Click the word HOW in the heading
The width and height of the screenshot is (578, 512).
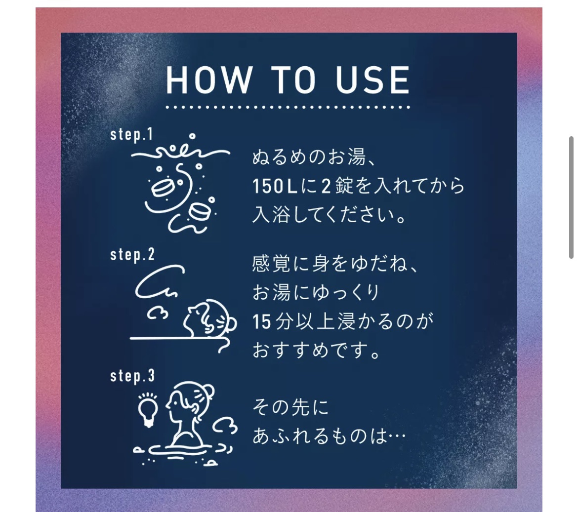209,80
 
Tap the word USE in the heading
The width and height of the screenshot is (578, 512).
372,80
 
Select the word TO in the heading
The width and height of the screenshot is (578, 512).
294,80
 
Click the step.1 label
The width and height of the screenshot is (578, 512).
131,135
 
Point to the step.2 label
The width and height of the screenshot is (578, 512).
132,255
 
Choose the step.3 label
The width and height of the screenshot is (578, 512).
132,376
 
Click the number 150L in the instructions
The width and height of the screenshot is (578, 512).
275,186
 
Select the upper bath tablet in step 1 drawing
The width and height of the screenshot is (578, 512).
162,188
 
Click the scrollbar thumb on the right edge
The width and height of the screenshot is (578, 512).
571,197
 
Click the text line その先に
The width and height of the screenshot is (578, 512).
290,408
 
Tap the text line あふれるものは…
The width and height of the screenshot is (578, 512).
329,436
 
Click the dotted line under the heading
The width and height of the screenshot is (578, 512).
288,107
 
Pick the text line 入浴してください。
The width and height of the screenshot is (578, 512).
330,215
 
